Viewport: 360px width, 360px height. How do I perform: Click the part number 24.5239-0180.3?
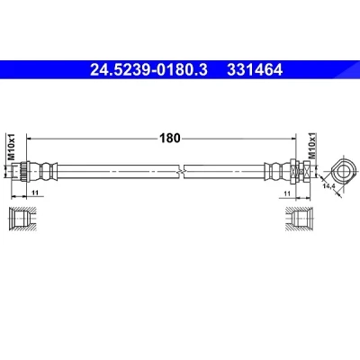click(148, 70)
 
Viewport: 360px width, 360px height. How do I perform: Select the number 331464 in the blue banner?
click(255, 70)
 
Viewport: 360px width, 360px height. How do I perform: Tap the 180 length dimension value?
click(170, 139)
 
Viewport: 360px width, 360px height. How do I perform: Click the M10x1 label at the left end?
click(11, 148)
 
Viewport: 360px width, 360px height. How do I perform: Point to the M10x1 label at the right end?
click(312, 146)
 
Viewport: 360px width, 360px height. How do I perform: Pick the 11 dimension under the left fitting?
click(35, 193)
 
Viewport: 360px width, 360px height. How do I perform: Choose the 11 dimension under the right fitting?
click(287, 193)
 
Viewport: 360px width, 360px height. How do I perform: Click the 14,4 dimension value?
click(328, 186)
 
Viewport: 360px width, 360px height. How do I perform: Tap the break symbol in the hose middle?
click(181, 172)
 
